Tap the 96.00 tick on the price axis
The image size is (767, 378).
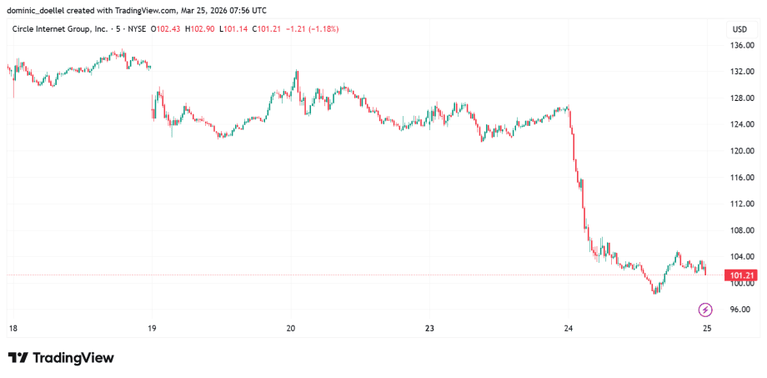point(739,310)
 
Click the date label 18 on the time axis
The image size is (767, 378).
point(12,329)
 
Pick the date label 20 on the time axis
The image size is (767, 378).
point(291,329)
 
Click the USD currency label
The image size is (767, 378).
point(739,29)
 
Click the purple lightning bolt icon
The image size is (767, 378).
point(704,310)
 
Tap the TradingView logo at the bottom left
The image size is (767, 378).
point(61,358)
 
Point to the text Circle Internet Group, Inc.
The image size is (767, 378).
point(59,29)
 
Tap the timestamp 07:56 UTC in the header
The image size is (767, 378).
point(248,10)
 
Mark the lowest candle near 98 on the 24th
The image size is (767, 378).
point(654,291)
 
